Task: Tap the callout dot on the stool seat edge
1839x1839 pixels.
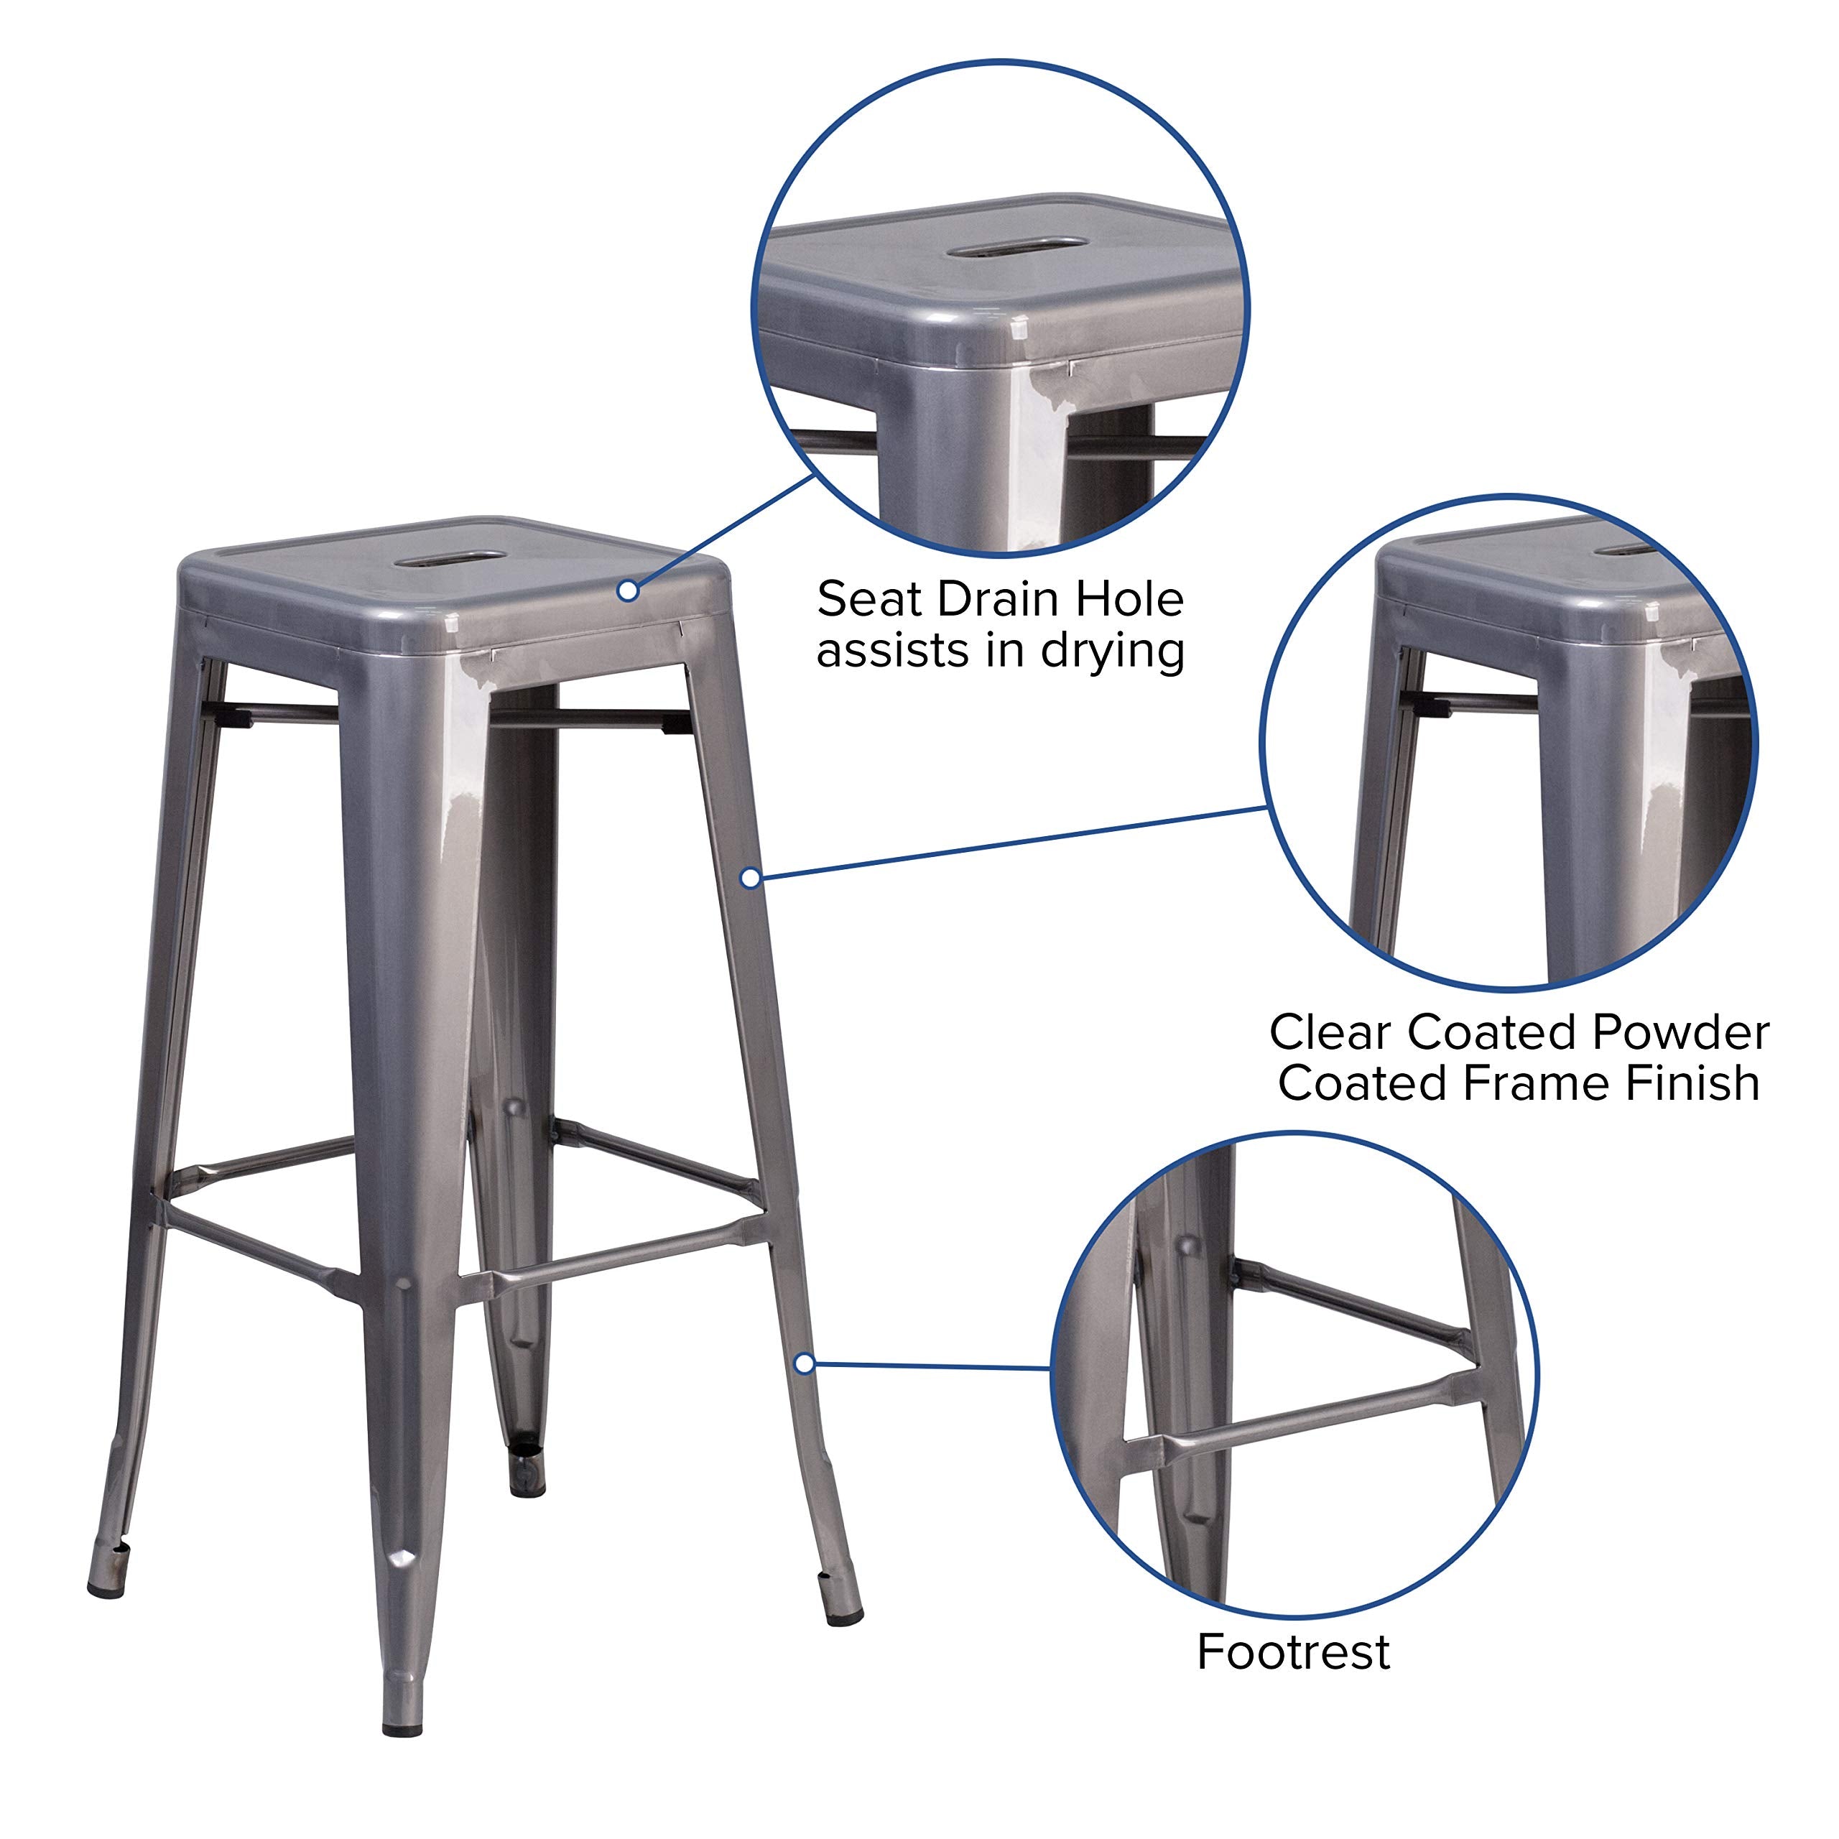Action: [627, 591]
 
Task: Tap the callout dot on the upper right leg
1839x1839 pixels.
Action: [750, 878]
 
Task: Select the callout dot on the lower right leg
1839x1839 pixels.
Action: [805, 1364]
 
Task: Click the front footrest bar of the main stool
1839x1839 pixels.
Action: [609, 1256]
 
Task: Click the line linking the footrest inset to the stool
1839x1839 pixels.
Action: [933, 1367]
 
